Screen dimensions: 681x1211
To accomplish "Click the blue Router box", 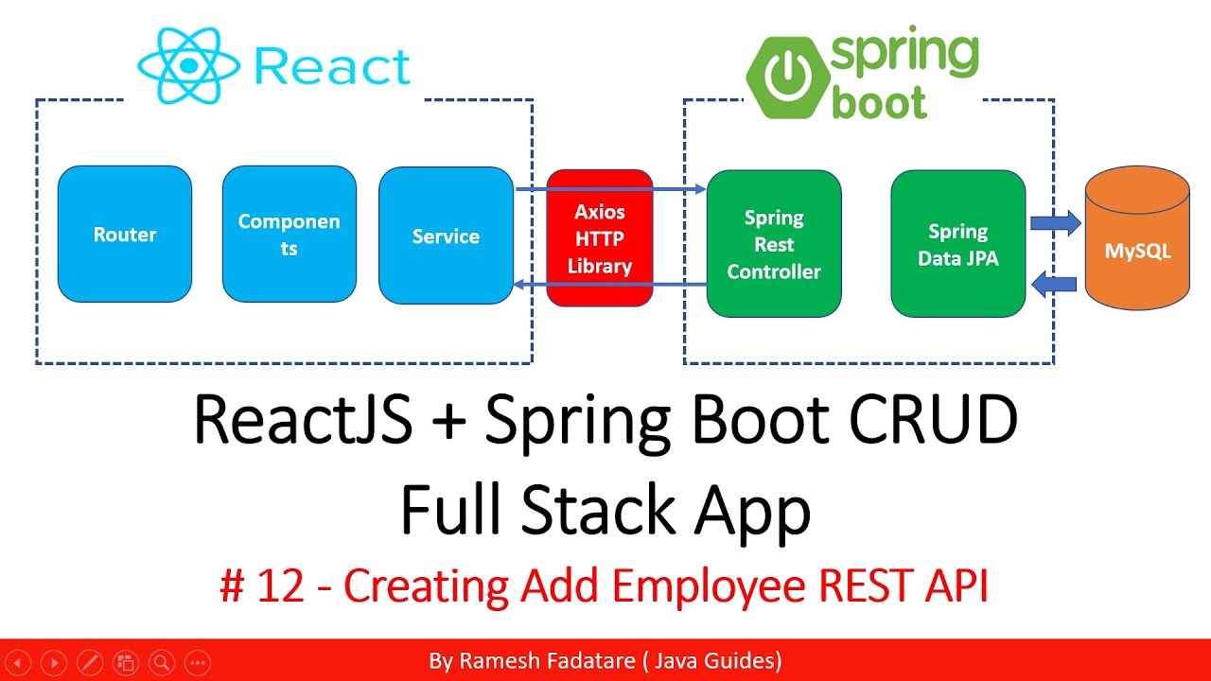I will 125,235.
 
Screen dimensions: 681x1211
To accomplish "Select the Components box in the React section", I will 289,235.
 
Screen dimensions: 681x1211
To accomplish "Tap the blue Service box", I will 446,236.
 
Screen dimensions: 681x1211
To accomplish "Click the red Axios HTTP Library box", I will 600,238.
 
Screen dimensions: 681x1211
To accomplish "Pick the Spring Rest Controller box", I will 774,244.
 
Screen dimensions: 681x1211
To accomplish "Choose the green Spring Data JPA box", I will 957,244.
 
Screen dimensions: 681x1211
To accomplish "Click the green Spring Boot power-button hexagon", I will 785,78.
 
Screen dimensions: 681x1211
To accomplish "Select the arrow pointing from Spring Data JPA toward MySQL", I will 1055,224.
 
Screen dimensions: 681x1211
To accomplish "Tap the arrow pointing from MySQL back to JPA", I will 1055,282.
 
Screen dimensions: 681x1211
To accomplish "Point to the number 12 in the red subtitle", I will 280,587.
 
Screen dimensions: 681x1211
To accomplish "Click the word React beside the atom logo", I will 333,66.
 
